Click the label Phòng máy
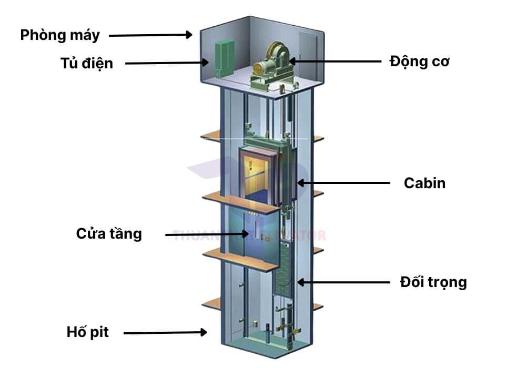click(x=59, y=35)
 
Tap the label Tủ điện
click(x=86, y=64)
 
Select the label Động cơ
click(x=419, y=62)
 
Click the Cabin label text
click(x=424, y=183)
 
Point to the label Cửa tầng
click(x=109, y=233)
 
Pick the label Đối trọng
click(x=433, y=282)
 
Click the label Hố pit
click(x=87, y=332)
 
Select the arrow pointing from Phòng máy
click(x=150, y=35)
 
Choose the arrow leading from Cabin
click(x=344, y=183)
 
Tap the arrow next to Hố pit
click(x=165, y=332)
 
